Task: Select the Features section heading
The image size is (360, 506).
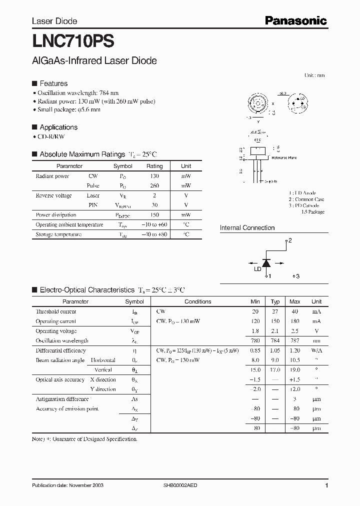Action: [x=53, y=83]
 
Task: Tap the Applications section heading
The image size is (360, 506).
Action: [x=58, y=127]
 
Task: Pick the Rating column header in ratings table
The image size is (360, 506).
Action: [x=154, y=166]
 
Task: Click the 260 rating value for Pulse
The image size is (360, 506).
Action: [x=154, y=185]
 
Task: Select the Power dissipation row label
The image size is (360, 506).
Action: [x=56, y=215]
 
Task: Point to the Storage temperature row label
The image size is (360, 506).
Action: [x=58, y=234]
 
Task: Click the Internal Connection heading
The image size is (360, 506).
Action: [x=247, y=228]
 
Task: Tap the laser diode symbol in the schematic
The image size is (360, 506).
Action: [x=266, y=262]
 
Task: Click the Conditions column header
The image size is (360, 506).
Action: [x=197, y=301]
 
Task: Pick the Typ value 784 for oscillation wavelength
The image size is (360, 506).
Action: [x=275, y=340]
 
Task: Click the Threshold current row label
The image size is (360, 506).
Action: [x=56, y=311]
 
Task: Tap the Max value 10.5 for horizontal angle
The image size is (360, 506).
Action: [x=294, y=360]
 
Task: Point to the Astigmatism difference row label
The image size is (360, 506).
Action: [x=62, y=399]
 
